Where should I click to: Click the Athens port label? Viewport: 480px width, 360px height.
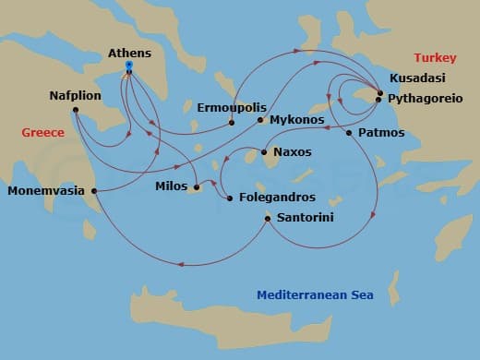pyautogui.click(x=129, y=54)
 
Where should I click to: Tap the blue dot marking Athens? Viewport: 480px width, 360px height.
pyautogui.click(x=129, y=67)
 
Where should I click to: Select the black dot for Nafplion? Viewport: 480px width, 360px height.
pyautogui.click(x=75, y=112)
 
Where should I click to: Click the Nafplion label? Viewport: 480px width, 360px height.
pyautogui.click(x=76, y=95)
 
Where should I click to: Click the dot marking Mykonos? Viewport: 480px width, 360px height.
pyautogui.click(x=260, y=120)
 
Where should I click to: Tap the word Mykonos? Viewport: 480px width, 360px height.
pyautogui.click(x=297, y=120)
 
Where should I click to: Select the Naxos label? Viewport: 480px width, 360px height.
pyautogui.click(x=293, y=151)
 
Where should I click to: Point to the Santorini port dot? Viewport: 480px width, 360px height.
pyautogui.click(x=268, y=218)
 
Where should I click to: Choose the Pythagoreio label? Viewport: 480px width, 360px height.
pyautogui.click(x=427, y=97)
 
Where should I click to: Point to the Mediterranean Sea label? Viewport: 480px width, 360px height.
pyautogui.click(x=310, y=295)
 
